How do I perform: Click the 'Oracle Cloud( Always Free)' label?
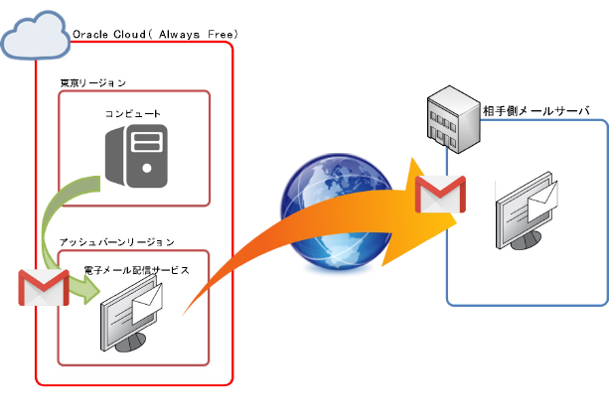[155, 35]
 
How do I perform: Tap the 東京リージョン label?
[93, 82]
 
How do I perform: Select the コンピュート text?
[133, 114]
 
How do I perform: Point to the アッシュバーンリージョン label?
[116, 241]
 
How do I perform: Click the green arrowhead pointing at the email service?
[87, 290]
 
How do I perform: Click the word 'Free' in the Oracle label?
[223, 35]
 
